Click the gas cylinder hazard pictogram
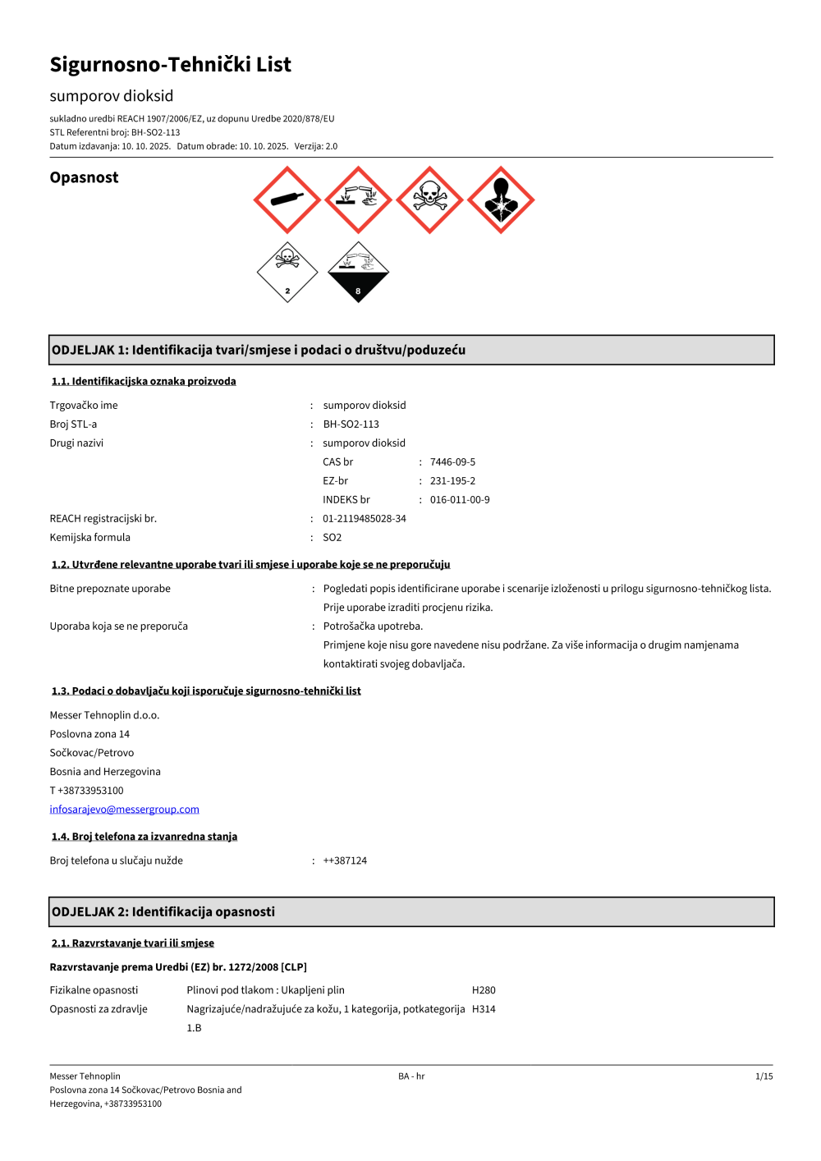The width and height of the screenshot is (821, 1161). point(287,200)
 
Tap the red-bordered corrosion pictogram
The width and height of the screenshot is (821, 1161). point(358,200)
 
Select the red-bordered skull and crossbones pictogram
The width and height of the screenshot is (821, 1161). point(429,200)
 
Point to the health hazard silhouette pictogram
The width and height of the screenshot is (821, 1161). point(501,200)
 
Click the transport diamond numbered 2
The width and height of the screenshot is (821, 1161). point(287,272)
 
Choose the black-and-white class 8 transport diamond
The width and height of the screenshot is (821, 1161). point(358,272)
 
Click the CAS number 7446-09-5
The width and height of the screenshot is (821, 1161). point(452,462)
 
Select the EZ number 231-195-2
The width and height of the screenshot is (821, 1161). point(452,481)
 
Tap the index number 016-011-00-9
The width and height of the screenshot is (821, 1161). point(460,500)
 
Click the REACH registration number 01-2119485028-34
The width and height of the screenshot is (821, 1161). point(365,519)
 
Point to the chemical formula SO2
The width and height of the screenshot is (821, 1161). point(333,538)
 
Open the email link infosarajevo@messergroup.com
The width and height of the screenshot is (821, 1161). point(124,810)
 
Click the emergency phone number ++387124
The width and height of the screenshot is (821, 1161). point(345,860)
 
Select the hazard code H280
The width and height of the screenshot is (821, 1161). point(484,990)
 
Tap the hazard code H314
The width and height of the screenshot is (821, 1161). point(484,1009)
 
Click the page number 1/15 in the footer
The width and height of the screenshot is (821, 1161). point(764,1076)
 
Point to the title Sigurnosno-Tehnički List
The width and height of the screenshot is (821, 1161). point(170,65)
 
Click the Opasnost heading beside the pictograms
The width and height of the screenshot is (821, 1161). point(84,177)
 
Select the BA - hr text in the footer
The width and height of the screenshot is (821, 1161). point(411,1076)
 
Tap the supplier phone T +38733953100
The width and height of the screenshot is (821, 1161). point(86,791)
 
